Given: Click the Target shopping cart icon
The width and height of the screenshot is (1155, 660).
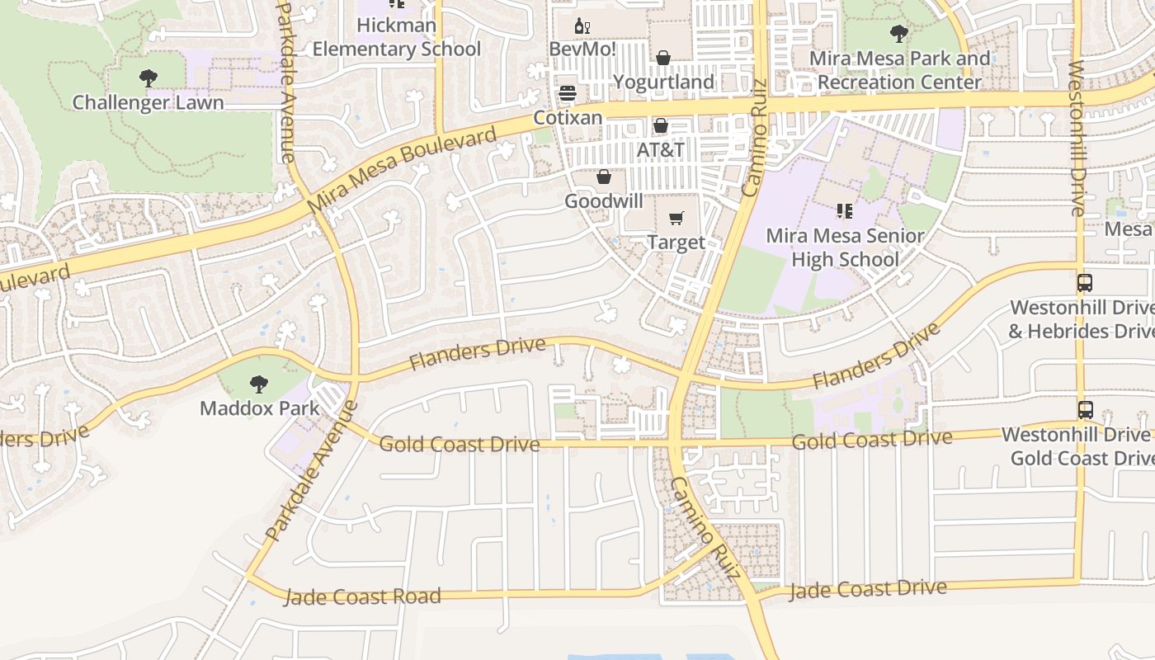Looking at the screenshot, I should (x=676, y=219).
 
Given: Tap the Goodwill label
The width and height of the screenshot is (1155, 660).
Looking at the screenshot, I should (x=603, y=201).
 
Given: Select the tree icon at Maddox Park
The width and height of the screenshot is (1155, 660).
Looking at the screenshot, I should (x=259, y=384).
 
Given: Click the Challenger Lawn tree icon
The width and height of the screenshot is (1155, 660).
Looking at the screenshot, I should (x=148, y=79).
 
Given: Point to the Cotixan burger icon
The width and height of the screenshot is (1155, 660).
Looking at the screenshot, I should (x=568, y=93).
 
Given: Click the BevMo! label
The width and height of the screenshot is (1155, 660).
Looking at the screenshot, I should (x=582, y=49).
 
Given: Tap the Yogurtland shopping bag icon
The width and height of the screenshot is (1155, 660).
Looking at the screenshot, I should (x=663, y=58).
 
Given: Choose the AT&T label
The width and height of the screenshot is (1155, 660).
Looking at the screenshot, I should (x=660, y=150).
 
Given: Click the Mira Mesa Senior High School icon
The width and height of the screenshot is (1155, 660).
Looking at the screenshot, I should (x=844, y=212).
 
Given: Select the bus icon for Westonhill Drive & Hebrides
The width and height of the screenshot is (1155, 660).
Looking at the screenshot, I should (x=1085, y=283).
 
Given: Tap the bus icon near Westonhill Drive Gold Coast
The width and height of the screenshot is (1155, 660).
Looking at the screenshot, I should (x=1085, y=409).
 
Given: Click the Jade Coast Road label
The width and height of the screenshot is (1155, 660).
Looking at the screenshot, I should (x=362, y=596).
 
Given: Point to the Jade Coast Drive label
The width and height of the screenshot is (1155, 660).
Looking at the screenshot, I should (x=868, y=589).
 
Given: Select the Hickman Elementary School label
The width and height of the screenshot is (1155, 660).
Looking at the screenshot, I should (x=396, y=37).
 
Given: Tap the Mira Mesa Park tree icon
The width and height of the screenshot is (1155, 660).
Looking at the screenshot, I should (x=899, y=35).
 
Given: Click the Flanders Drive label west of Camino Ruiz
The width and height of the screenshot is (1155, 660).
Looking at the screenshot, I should (x=477, y=354).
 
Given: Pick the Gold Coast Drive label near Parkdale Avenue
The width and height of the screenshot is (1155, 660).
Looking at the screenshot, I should (x=459, y=444).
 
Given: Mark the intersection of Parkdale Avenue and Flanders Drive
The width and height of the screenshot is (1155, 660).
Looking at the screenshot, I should (x=356, y=379).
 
